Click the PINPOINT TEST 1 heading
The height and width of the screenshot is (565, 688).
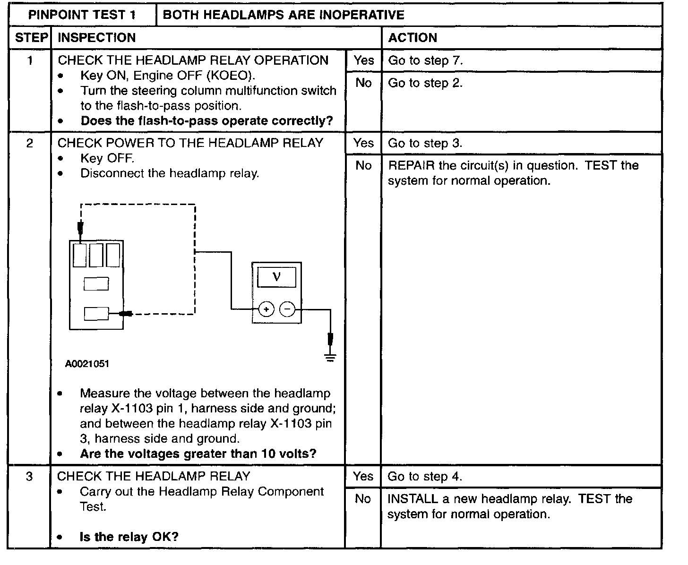(82, 15)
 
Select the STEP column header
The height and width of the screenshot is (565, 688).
(31, 38)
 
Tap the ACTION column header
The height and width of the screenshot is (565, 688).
(413, 38)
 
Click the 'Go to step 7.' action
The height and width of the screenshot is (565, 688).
(425, 60)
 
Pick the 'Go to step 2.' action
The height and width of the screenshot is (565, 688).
(425, 83)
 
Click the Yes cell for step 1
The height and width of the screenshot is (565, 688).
(363, 60)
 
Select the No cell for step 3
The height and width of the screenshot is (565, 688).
(363, 499)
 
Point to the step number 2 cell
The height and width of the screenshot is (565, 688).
(29, 143)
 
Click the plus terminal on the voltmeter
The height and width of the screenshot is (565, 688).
(267, 309)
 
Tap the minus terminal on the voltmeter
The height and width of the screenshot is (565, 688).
(287, 309)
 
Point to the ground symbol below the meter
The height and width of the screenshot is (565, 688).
(331, 358)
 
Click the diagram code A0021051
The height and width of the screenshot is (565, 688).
(87, 364)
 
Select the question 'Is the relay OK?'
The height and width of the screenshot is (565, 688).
(129, 537)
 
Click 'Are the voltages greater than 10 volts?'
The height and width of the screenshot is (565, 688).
(198, 454)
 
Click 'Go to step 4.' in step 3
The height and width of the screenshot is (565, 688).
(425, 477)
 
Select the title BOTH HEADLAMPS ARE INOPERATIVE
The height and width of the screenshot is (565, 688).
(284, 15)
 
